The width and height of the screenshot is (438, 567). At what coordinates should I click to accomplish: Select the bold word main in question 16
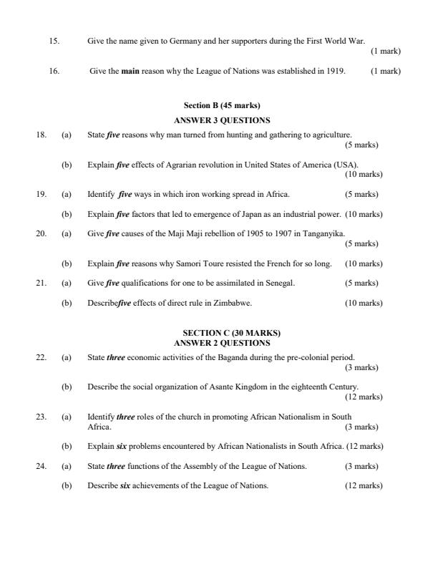pos(130,71)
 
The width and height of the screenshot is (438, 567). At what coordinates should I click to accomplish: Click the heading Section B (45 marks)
pos(222,106)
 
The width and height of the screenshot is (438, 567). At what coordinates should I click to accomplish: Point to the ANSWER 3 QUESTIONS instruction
pos(222,120)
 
